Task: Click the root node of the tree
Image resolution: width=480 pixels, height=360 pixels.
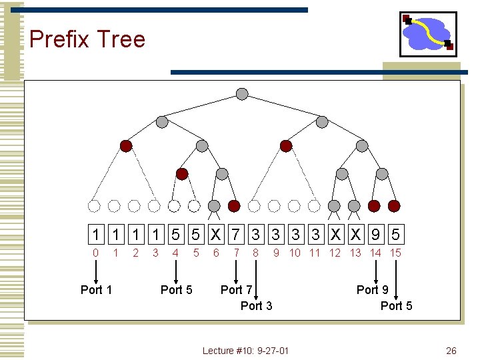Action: [x=242, y=93]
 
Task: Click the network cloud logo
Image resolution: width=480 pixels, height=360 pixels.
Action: [x=427, y=34]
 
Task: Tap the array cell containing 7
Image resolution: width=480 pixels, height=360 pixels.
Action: [x=236, y=235]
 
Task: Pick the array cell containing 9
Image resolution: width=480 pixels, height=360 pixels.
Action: [x=376, y=235]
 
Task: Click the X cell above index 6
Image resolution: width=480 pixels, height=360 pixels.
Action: [x=216, y=235]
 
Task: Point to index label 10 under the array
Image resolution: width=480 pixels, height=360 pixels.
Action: [x=295, y=253]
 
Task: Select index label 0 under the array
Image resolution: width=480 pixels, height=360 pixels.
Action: [x=96, y=253]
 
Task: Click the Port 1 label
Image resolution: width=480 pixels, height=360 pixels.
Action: [x=96, y=289]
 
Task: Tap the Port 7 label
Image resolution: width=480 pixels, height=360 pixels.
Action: [x=236, y=289]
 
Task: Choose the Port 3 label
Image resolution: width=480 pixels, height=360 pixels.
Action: [x=256, y=306]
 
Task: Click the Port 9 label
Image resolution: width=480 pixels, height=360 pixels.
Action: [x=372, y=289]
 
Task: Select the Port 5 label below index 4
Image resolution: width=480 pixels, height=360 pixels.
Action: [x=176, y=289]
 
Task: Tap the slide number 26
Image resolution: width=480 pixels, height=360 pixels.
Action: [x=451, y=351]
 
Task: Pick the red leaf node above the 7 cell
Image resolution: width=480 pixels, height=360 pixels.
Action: [x=234, y=205]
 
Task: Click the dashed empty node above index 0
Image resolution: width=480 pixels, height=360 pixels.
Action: [x=95, y=205]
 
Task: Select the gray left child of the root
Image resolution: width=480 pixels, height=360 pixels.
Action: [x=162, y=122]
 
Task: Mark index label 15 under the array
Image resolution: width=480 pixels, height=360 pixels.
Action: [x=395, y=253]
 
